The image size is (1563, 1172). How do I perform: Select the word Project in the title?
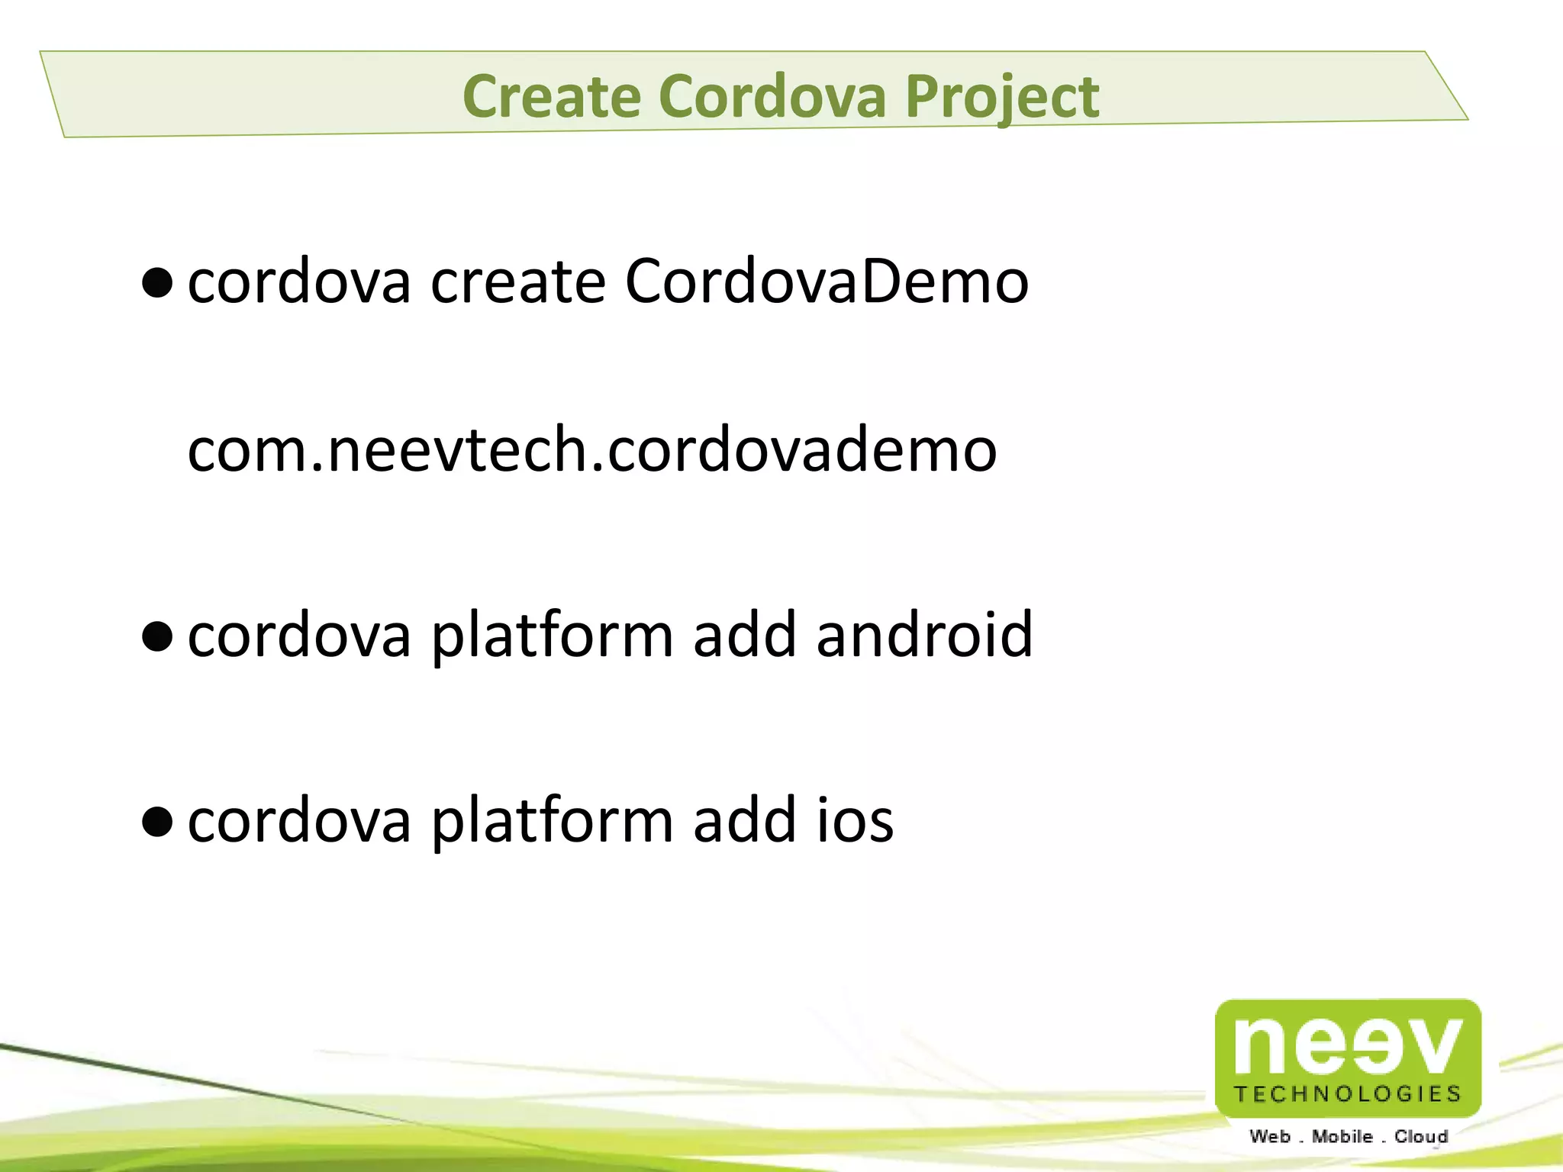coord(1001,98)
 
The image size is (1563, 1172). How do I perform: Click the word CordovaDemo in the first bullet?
coord(827,281)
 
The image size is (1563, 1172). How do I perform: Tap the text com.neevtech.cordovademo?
coord(592,449)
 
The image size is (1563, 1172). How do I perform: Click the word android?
coord(924,634)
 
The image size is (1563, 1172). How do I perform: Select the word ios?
coord(855,820)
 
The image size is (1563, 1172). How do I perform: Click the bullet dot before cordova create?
coord(157,285)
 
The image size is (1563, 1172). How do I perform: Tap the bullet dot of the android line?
coord(157,637)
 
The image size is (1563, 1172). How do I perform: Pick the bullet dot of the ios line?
coord(157,823)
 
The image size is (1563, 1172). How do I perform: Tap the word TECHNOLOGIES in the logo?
coord(1348,1094)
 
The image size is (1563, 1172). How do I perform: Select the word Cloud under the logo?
coord(1421,1137)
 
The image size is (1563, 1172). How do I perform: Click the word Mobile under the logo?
coord(1342,1137)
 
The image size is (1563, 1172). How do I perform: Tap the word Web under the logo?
coord(1270,1137)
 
